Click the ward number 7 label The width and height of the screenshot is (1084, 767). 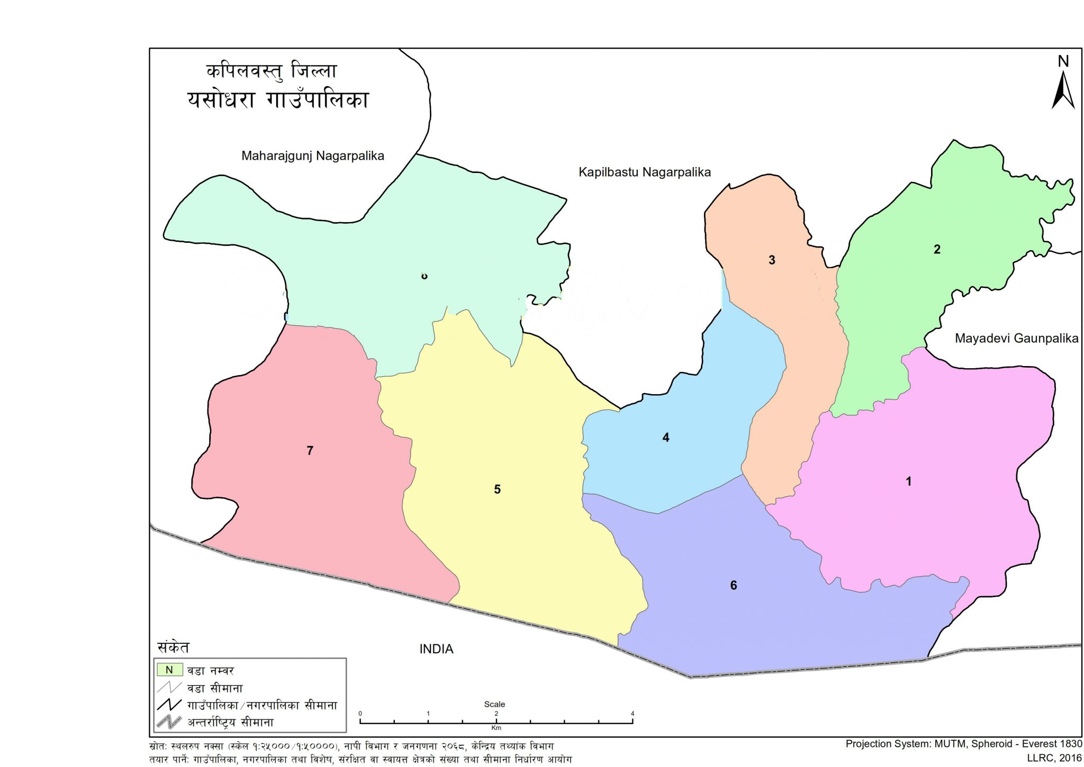click(310, 451)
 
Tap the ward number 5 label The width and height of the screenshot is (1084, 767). click(497, 489)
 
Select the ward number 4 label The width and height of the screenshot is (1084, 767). click(666, 437)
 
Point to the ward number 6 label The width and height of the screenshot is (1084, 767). click(734, 585)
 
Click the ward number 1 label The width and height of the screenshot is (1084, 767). click(909, 481)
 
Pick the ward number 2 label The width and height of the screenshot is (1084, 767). click(937, 249)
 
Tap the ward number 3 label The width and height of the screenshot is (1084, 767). click(772, 260)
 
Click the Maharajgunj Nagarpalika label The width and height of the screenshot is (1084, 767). click(312, 156)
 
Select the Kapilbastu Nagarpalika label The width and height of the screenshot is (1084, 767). click(644, 172)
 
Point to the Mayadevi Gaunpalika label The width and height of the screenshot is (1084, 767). click(1016, 339)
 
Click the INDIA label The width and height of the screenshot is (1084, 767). click(436, 649)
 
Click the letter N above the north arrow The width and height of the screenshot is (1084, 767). click(1063, 61)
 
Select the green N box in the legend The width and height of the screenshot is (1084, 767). click(169, 670)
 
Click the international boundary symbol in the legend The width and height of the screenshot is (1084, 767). click(169, 722)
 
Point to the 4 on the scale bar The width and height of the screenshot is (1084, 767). click(633, 714)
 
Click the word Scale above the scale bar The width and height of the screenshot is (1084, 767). click(494, 704)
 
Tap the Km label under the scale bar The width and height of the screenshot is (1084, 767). click(496, 728)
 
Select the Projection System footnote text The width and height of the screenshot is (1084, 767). click(963, 744)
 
